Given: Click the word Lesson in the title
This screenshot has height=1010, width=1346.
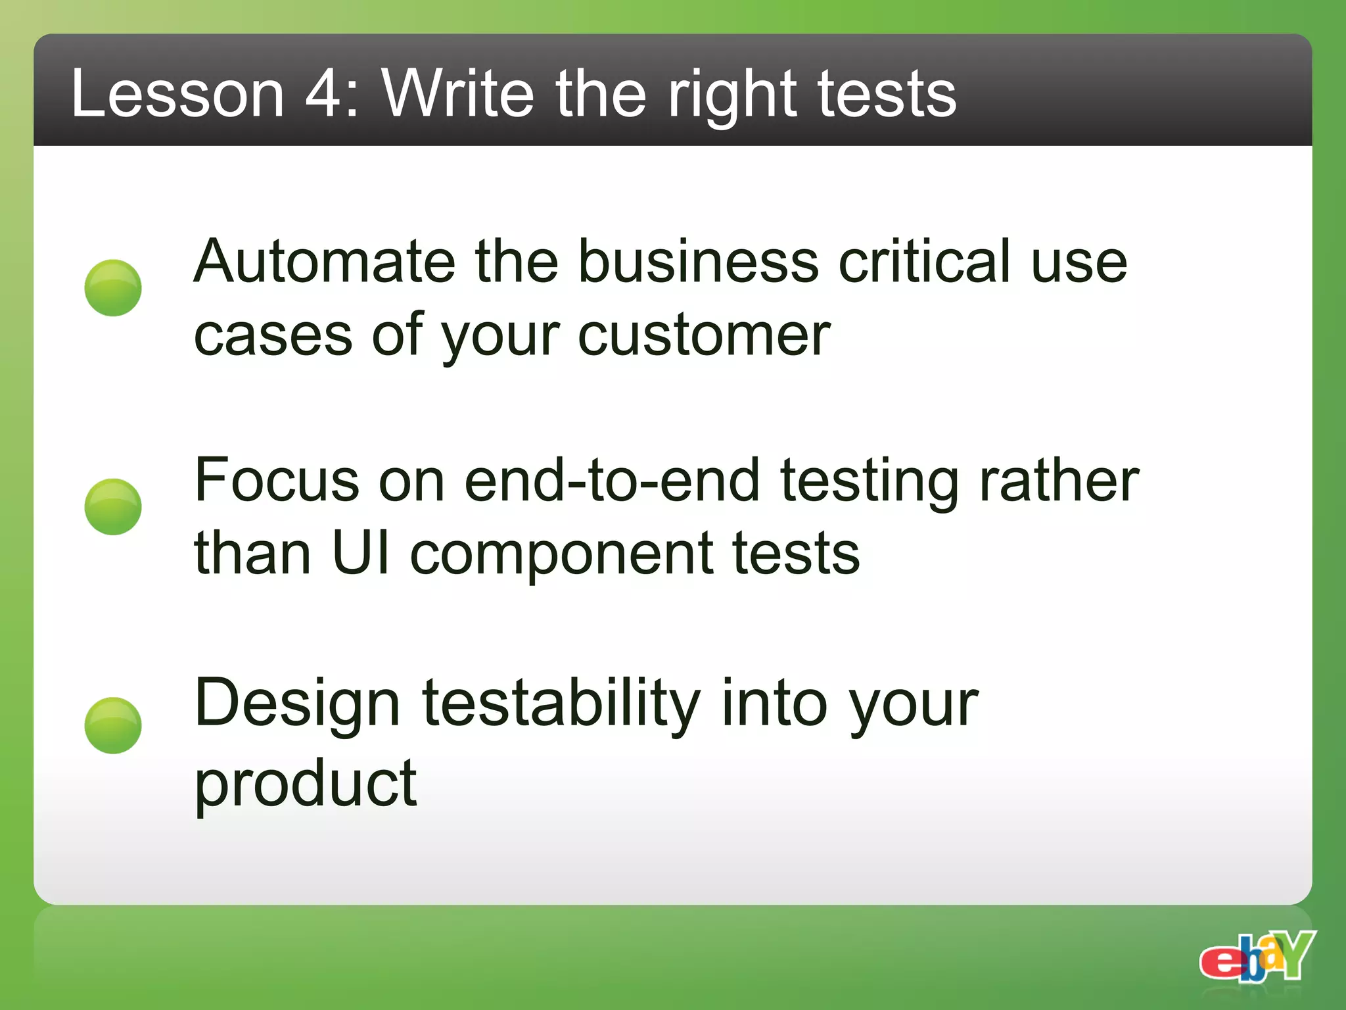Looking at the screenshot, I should pyautogui.click(x=177, y=95).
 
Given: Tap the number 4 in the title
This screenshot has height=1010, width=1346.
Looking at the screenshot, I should pyautogui.click(x=325, y=95).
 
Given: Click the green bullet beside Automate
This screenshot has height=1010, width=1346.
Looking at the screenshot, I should pyautogui.click(x=113, y=288).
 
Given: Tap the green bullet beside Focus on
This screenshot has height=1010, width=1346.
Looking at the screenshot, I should pyautogui.click(x=113, y=506).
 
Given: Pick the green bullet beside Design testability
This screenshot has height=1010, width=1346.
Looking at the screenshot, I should pyautogui.click(x=113, y=725).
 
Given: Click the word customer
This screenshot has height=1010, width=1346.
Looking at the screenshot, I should pyautogui.click(x=704, y=335).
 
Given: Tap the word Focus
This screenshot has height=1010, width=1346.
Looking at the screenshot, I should pyautogui.click(x=277, y=481).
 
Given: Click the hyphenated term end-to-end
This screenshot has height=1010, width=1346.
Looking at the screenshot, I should pyautogui.click(x=611, y=481).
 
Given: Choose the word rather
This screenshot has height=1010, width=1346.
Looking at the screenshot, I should pyautogui.click(x=1059, y=481).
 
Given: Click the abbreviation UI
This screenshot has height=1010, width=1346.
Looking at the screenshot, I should pyautogui.click(x=361, y=554).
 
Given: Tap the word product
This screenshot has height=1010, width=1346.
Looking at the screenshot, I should pyautogui.click(x=306, y=784).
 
